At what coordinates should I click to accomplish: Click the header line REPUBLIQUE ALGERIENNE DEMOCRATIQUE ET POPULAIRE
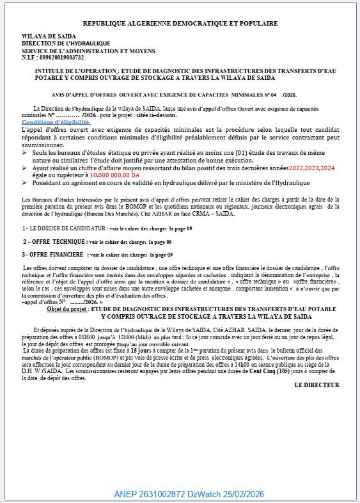(180, 23)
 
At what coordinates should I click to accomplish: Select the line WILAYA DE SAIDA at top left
(48, 36)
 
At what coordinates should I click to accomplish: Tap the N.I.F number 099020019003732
(61, 57)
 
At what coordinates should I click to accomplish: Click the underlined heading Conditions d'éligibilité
(56, 122)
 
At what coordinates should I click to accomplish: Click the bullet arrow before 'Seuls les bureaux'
(26, 153)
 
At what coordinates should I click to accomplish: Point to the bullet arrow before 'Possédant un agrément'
(26, 182)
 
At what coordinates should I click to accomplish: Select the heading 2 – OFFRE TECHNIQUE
(56, 242)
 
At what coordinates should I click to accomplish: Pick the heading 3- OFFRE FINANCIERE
(54, 254)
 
